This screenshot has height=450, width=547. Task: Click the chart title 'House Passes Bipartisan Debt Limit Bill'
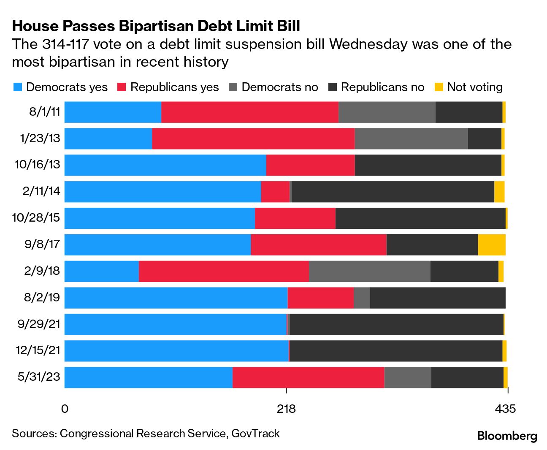coord(156,26)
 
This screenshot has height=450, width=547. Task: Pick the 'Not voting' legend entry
coord(469,87)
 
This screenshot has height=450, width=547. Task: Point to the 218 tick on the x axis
coord(287,409)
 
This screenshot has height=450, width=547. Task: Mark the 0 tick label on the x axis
coord(65,409)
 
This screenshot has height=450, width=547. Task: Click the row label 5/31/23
coord(39,377)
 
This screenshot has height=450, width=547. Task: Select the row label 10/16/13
coord(37,165)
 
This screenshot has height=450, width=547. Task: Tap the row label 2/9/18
coord(42,271)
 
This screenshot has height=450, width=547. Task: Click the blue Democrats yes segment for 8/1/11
coord(113,112)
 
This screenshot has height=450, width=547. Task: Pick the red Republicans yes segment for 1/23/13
coord(253,138)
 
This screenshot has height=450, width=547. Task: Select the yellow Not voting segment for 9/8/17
coord(491,244)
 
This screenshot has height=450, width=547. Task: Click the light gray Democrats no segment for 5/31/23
coord(408,377)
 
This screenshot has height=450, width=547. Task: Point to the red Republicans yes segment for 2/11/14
coord(275,192)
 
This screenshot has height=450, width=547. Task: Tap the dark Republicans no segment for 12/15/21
coord(395,351)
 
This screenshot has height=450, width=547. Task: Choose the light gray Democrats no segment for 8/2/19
coord(362,298)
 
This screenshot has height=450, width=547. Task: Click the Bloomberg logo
coord(507,436)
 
